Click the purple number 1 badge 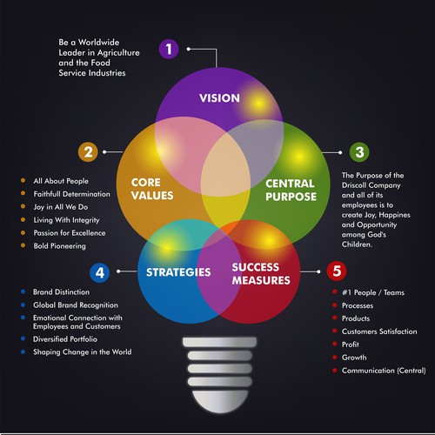(x=169, y=49)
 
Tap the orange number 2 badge (x=88, y=152)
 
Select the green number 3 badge (x=359, y=152)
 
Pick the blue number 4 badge (x=100, y=272)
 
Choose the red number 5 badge (x=337, y=271)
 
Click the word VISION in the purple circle (x=219, y=98)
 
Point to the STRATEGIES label (x=178, y=272)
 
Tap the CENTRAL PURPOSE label (x=291, y=190)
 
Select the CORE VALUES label (x=152, y=189)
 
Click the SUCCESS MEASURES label (x=261, y=273)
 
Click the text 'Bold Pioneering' (x=59, y=246)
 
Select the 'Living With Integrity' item (x=66, y=220)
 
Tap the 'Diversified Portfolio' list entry (x=65, y=339)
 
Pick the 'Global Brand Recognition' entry (x=76, y=305)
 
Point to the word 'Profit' (x=351, y=345)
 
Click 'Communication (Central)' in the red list (x=384, y=371)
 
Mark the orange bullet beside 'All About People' (x=23, y=180)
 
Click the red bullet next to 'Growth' (x=335, y=357)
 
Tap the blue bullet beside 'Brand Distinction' (x=23, y=291)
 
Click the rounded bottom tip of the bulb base (x=220, y=412)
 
